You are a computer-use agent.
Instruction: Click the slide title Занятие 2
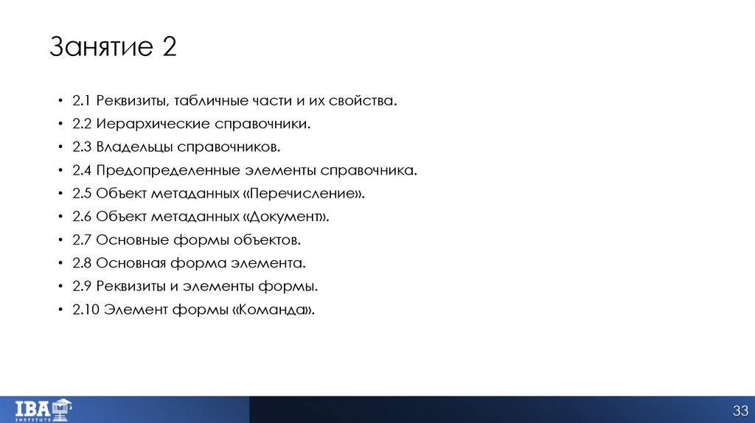coord(113,49)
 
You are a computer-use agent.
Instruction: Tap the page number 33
coord(740,410)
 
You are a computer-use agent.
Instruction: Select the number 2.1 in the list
coord(81,100)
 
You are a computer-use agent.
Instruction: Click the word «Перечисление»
coord(305,194)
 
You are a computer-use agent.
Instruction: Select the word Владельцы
coord(130,147)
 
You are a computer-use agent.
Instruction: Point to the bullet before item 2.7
coord(59,240)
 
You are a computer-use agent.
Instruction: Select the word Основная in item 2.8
coord(130,263)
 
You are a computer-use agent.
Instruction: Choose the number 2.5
coord(81,194)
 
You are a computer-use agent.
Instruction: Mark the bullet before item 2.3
coord(59,147)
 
